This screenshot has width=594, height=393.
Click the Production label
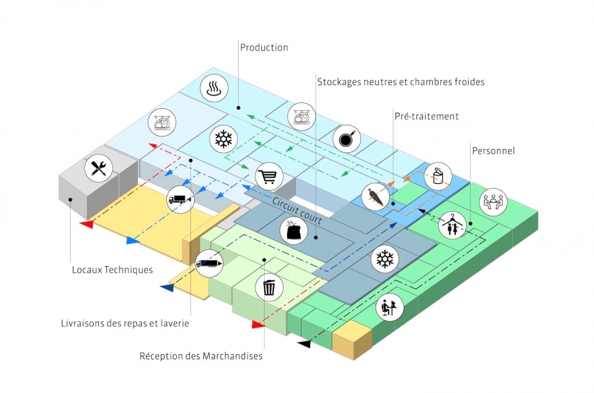pos(264,47)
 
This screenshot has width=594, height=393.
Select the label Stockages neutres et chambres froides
pos(401,82)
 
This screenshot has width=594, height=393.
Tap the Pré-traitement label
pos(426,116)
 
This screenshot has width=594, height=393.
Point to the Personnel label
pos(493,151)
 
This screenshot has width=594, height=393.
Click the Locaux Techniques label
pos(112,270)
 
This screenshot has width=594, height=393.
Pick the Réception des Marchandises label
pos(201,356)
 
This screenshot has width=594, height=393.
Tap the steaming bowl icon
pos(214,88)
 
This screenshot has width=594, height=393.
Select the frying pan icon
pos(347,138)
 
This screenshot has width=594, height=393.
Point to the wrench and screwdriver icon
pos(99,168)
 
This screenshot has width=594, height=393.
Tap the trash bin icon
pos(269,287)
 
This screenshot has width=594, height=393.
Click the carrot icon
pos(375,196)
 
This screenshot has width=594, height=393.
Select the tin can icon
pos(438,176)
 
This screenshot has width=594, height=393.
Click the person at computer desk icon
pos(388,307)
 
